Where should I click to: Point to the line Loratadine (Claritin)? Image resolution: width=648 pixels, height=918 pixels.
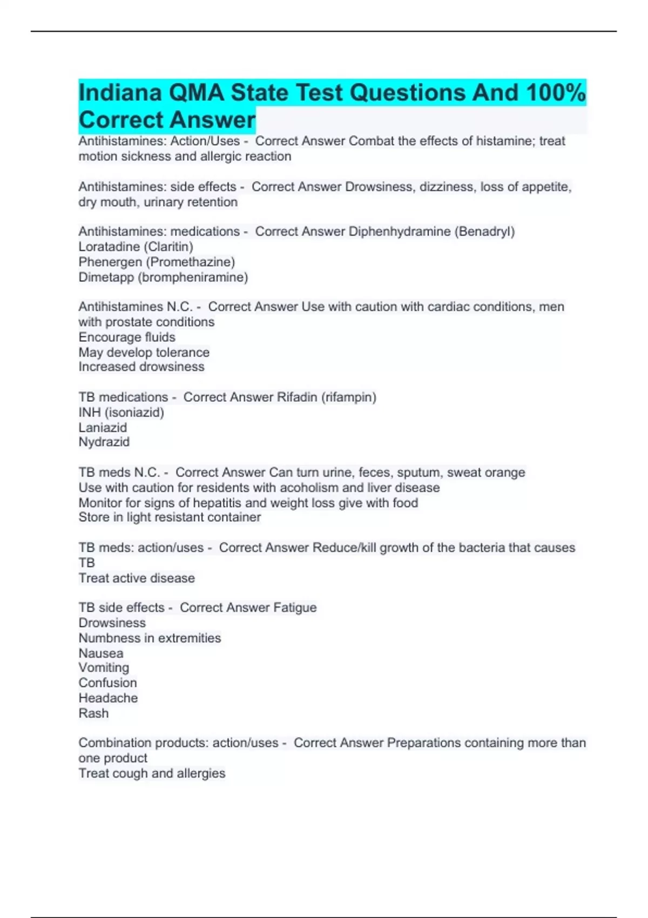pyautogui.click(x=136, y=247)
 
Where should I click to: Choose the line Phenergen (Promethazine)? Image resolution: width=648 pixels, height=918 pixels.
pyautogui.click(x=157, y=262)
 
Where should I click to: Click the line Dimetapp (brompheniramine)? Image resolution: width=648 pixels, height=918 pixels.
pyautogui.click(x=163, y=277)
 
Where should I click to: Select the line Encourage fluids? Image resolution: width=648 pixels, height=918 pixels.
pyautogui.click(x=127, y=337)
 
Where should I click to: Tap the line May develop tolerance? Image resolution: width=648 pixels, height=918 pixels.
pyautogui.click(x=144, y=352)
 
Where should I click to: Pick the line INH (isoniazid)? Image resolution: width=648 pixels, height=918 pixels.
pyautogui.click(x=121, y=413)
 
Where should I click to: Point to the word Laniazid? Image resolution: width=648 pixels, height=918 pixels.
pyautogui.click(x=103, y=428)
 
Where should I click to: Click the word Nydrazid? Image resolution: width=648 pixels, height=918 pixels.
pyautogui.click(x=104, y=442)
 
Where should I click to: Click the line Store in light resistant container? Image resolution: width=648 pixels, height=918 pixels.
pyautogui.click(x=170, y=517)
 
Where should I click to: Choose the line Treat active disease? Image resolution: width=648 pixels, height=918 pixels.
pyautogui.click(x=137, y=578)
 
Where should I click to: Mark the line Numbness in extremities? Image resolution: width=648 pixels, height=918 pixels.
pyautogui.click(x=150, y=638)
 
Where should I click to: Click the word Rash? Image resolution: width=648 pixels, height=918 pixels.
pyautogui.click(x=93, y=713)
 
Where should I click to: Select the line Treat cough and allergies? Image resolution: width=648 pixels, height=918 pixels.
pyautogui.click(x=152, y=773)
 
